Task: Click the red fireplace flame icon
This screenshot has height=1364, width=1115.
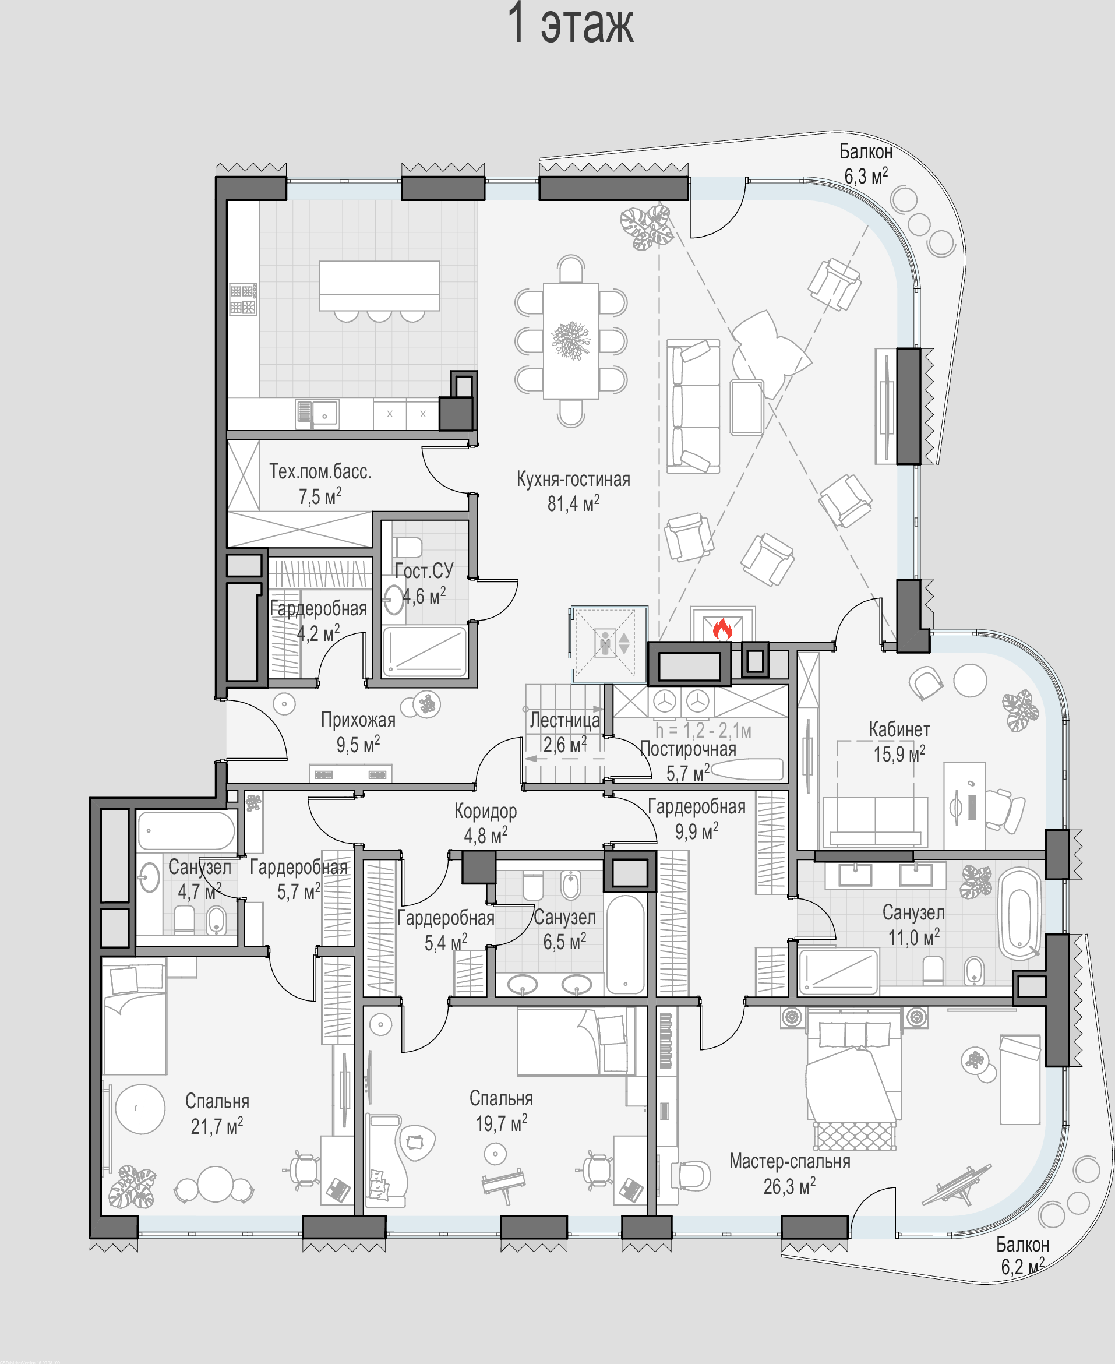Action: [722, 629]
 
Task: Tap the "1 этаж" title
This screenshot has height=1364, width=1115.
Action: [570, 24]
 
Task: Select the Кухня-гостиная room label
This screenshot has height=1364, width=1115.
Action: [574, 480]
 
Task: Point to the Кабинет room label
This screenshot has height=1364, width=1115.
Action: [899, 729]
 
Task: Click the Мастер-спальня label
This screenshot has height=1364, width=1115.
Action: [789, 1162]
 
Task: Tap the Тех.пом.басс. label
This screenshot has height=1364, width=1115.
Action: [320, 471]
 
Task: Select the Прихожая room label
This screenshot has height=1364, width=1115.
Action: [358, 720]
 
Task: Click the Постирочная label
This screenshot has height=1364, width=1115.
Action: [688, 749]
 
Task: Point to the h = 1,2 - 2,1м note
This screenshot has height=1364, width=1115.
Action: [703, 731]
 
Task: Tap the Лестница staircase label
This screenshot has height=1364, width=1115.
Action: [564, 720]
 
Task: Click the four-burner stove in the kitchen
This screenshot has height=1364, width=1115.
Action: [244, 299]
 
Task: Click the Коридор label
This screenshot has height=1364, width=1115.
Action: [486, 812]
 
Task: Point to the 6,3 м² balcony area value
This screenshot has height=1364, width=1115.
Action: [866, 175]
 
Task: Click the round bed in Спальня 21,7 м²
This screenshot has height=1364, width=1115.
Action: [140, 1109]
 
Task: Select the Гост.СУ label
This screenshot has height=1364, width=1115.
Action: [424, 570]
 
